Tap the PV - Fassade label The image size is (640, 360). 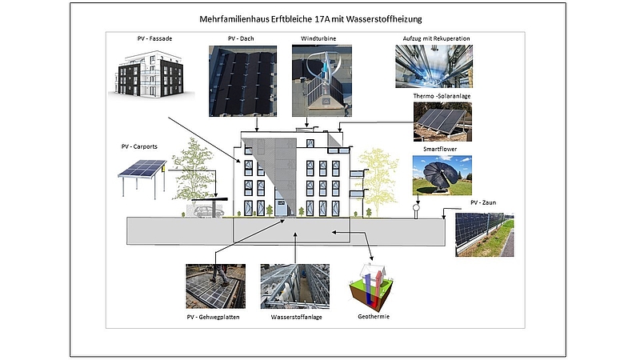pos(154,38)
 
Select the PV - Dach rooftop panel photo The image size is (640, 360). pos(243,81)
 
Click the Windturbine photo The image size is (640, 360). pos(322,81)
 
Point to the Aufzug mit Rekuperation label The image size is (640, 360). pos(436,38)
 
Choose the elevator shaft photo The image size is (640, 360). pos(434,66)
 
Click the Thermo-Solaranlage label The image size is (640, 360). pos(442,96)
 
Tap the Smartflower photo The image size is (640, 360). pos(442,175)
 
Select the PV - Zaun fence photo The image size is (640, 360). pos(485,234)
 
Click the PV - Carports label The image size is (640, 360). pos(139,146)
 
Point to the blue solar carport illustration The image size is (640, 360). pos(142,178)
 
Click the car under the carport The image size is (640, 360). pos(208,211)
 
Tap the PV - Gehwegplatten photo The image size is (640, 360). pos(215,286)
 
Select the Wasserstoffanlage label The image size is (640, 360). pos(296,317)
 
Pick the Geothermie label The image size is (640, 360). pos(374,316)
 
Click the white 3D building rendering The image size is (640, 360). pos(150,74)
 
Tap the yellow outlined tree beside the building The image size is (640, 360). pos(377,182)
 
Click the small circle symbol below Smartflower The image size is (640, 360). pos(416,207)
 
